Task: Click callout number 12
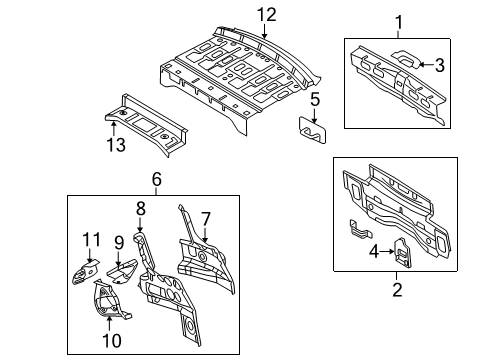click(267, 15)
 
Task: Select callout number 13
click(116, 145)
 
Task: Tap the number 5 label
click(315, 100)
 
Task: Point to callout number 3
click(440, 65)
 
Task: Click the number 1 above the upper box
click(399, 22)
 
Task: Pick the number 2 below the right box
click(397, 289)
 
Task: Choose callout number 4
click(374, 251)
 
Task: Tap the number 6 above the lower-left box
click(157, 179)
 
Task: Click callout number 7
click(206, 219)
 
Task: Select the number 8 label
click(141, 209)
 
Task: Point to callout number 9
click(119, 242)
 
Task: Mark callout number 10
click(112, 340)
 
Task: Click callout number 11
click(91, 239)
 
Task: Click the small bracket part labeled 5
click(312, 130)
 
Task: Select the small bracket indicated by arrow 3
click(405, 59)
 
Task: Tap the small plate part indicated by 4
click(403, 253)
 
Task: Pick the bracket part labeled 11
click(85, 272)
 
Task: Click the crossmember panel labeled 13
click(146, 125)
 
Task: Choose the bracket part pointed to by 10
click(108, 300)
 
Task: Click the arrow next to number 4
click(388, 251)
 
